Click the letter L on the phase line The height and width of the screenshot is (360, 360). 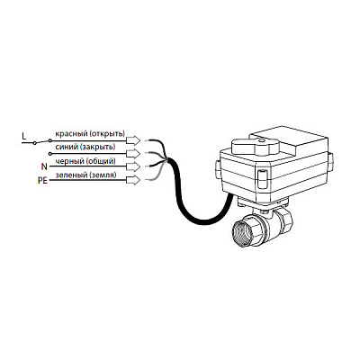(24, 137)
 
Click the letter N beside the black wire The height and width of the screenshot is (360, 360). (44, 166)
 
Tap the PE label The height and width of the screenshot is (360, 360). (42, 181)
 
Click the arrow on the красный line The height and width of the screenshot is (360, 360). (133, 140)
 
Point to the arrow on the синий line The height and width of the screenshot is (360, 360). (133, 154)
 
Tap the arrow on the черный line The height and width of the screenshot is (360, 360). (133, 166)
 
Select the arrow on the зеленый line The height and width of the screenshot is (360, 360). (133, 180)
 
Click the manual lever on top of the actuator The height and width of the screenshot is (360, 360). (255, 147)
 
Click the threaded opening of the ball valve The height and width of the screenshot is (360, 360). (244, 231)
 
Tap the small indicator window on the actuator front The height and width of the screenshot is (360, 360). (262, 179)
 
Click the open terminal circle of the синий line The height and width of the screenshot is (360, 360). (49, 154)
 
